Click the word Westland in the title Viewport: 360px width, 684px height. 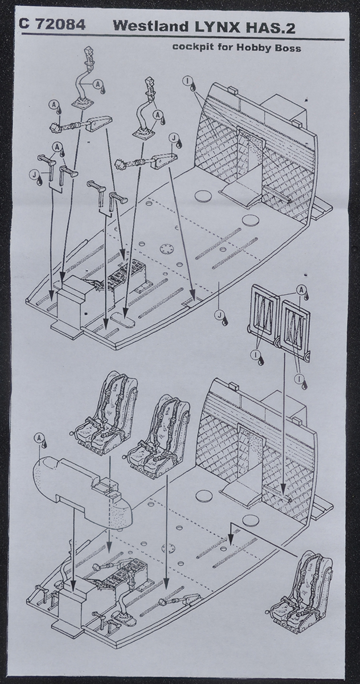tap(151, 27)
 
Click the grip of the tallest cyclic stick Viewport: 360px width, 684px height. tap(88, 54)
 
